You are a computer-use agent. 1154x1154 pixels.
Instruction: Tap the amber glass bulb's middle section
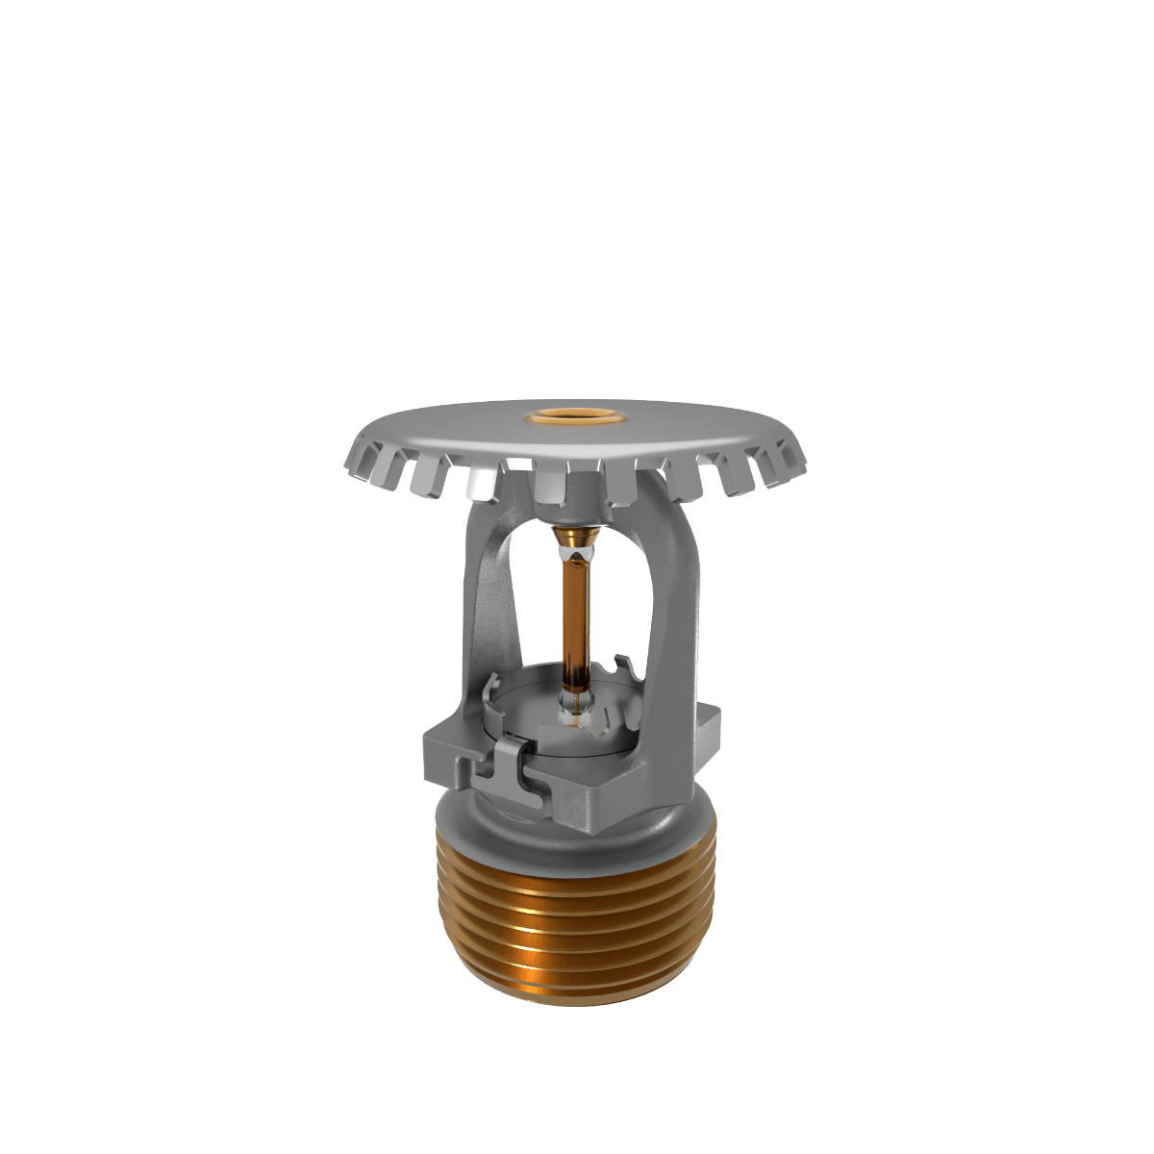(576, 615)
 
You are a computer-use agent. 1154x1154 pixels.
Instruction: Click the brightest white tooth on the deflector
(478, 484)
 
